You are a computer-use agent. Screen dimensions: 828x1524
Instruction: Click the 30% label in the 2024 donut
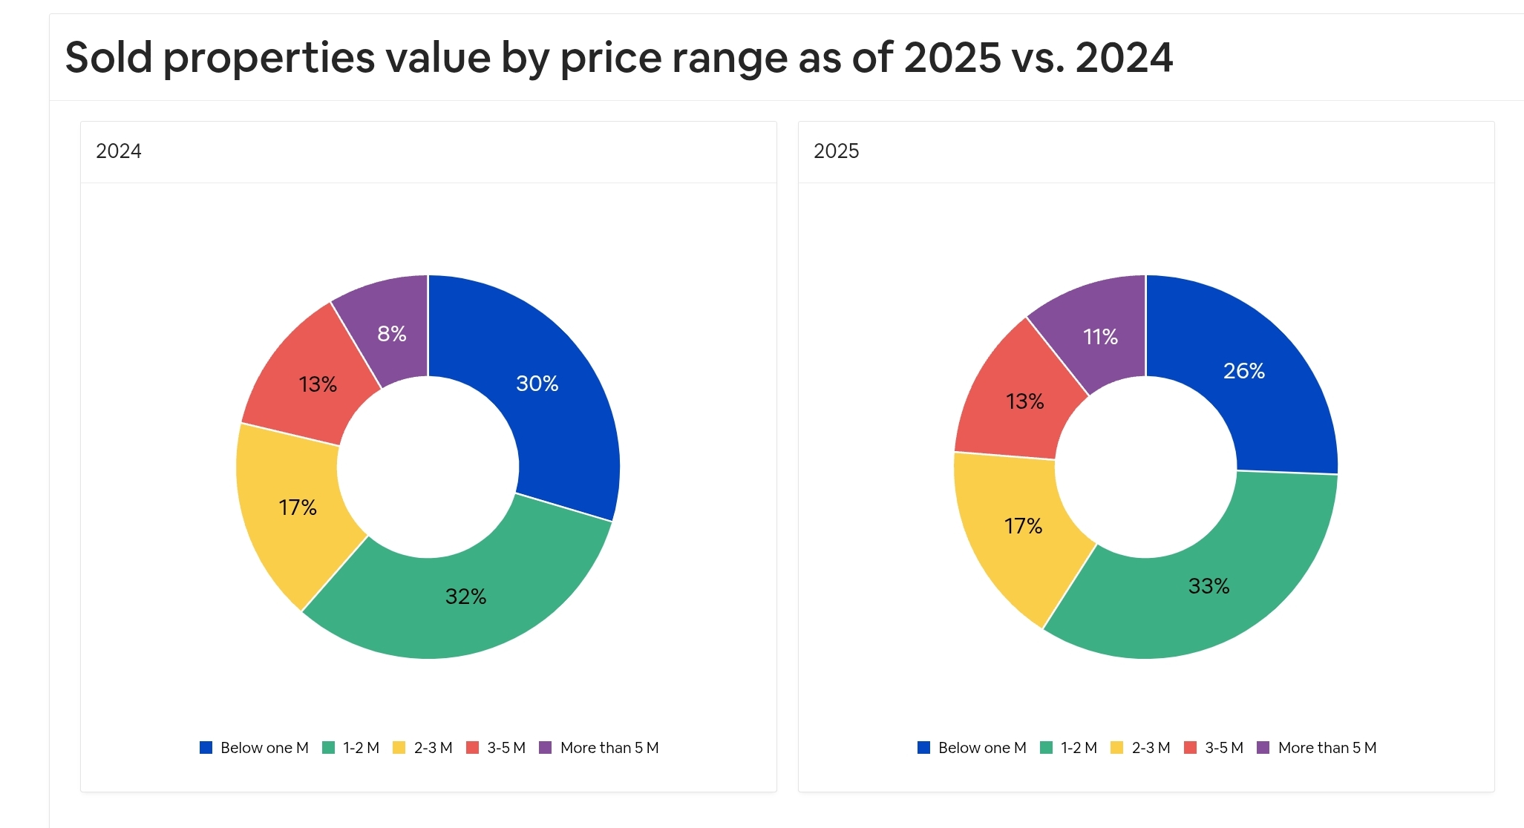tap(537, 384)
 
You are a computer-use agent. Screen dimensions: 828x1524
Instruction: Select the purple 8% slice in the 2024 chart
tap(391, 334)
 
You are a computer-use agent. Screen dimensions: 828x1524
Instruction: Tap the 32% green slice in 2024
tap(465, 597)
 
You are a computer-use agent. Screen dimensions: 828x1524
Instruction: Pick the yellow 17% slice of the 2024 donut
tap(297, 507)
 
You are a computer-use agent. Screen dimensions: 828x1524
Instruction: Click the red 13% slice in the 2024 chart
tap(318, 384)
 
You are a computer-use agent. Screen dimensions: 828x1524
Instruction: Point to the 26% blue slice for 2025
tap(1243, 371)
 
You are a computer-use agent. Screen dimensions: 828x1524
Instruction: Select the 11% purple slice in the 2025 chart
tap(1100, 337)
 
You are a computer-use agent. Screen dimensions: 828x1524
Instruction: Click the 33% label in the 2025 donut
tap(1209, 586)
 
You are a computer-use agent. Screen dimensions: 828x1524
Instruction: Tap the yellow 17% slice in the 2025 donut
tap(1023, 526)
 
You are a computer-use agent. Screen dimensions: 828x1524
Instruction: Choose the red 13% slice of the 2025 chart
tap(1024, 401)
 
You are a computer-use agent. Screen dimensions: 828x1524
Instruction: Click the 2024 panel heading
tap(119, 151)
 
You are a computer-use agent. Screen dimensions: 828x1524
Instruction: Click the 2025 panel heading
tap(836, 151)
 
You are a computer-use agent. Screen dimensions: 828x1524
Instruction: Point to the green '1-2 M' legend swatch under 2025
tap(1046, 748)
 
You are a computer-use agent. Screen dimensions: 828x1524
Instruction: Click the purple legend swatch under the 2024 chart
tap(545, 748)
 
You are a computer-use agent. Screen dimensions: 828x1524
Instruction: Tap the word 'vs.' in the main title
tap(1038, 58)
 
